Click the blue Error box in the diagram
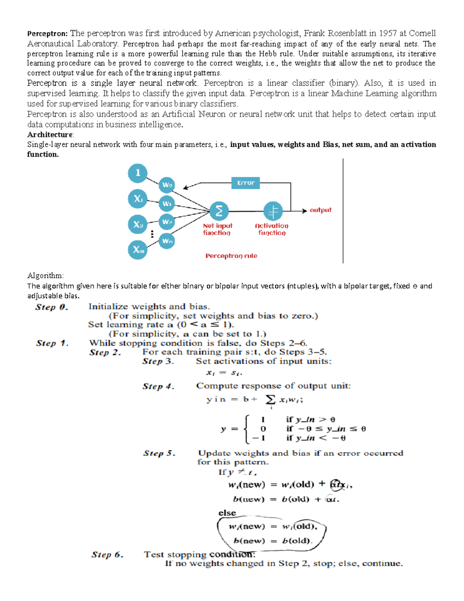tap(246, 183)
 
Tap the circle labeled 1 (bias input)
tap(138, 173)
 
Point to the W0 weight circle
tap(167, 185)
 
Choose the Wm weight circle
tap(167, 241)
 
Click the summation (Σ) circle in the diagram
tap(219, 211)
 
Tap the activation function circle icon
tap(273, 211)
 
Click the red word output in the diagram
tap(321, 210)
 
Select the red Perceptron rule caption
tap(231, 256)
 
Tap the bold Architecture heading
tap(50, 135)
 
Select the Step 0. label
tap(51, 307)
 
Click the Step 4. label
tap(158, 386)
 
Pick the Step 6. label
tap(107, 555)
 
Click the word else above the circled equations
tap(227, 513)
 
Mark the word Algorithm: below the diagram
tap(45, 276)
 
